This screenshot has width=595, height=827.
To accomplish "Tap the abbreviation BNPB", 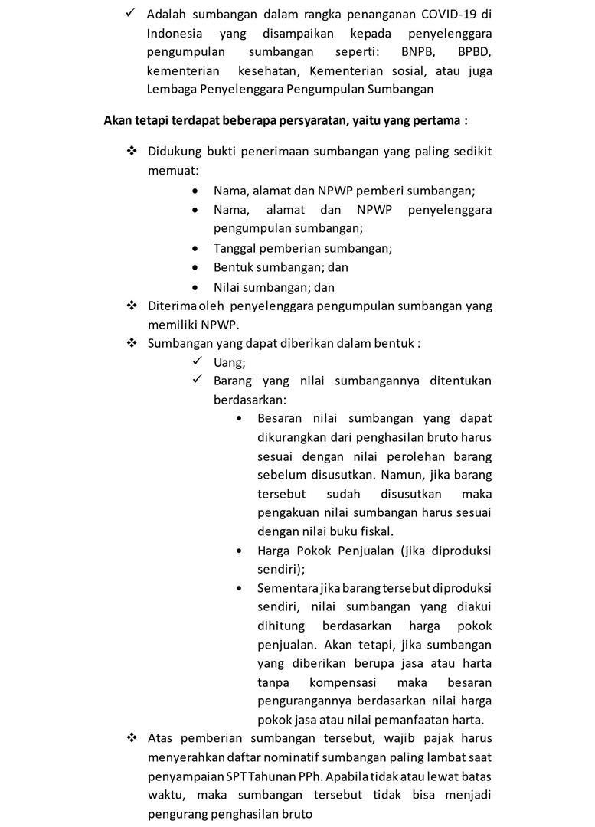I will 418,52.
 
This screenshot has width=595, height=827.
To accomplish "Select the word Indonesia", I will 175,34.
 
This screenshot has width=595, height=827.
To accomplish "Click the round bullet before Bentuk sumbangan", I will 198,268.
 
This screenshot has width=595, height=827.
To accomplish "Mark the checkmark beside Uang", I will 198,361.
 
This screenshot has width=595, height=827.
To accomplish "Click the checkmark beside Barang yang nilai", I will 198,381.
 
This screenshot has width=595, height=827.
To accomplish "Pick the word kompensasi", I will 342,682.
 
